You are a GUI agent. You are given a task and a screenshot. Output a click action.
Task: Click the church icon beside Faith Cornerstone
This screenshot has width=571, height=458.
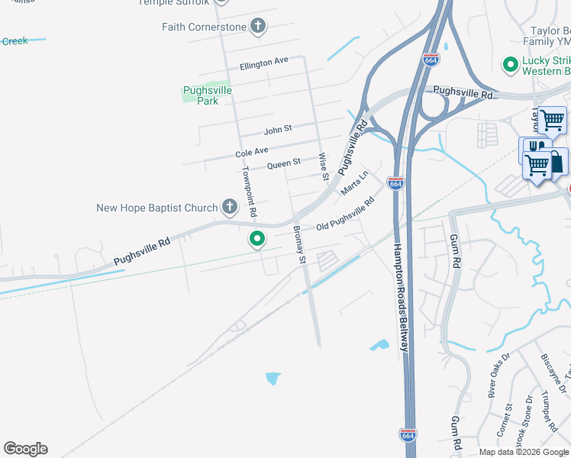258,27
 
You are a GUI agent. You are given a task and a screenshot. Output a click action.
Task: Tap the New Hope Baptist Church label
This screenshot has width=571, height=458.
157,208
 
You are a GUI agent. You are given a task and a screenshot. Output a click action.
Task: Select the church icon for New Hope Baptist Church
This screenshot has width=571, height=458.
229,206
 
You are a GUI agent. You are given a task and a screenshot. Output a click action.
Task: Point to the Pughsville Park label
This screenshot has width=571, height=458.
207,95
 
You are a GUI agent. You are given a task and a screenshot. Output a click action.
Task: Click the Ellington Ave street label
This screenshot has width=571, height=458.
263,64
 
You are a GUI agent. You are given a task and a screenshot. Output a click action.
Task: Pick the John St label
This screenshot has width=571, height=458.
278,131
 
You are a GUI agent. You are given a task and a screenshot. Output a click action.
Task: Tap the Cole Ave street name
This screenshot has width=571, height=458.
252,153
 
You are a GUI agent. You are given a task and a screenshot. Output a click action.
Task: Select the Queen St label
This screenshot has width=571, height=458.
284,163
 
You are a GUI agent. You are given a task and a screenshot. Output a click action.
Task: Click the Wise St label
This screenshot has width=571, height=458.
324,166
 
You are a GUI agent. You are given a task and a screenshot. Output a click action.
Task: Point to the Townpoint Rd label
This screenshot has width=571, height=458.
248,189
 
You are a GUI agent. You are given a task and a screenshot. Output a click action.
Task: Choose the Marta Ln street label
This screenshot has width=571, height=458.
355,183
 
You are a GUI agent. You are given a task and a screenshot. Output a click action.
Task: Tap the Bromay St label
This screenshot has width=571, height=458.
300,244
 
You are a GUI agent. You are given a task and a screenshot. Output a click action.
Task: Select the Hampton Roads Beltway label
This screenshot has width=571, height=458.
403,298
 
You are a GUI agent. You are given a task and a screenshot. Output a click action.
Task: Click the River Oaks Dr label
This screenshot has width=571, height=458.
498,377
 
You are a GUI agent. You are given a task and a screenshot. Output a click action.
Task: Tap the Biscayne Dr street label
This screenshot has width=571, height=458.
555,369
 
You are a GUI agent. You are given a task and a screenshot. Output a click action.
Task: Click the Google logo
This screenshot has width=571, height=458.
25,449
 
